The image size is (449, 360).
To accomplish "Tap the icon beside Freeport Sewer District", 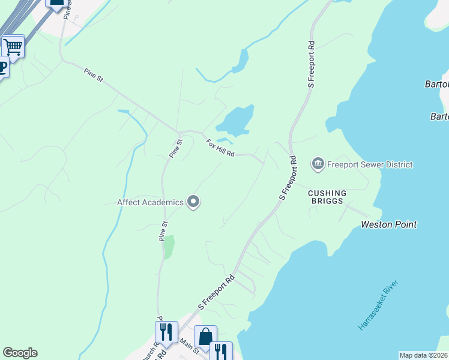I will (x=318, y=164).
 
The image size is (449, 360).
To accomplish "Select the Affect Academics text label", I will (x=150, y=202).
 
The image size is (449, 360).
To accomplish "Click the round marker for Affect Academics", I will (x=193, y=202).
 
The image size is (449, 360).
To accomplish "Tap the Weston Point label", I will (x=388, y=224).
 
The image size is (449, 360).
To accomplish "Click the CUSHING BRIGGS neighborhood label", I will (x=327, y=197).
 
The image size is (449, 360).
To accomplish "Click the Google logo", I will (x=20, y=353).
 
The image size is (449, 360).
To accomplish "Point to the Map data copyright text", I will (x=423, y=355).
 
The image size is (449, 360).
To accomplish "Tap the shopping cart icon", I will (x=13, y=46).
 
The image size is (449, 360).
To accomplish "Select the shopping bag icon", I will (x=205, y=337).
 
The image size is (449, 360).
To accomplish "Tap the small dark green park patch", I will (x=169, y=246).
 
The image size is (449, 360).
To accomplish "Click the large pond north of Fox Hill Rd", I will (x=236, y=119).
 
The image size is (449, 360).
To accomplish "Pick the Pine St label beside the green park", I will (x=162, y=232).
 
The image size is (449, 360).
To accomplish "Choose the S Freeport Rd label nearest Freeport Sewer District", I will (x=288, y=178).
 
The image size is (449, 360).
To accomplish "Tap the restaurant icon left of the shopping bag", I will (x=166, y=332).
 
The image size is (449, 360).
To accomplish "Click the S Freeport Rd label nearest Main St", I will (x=215, y=293).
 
